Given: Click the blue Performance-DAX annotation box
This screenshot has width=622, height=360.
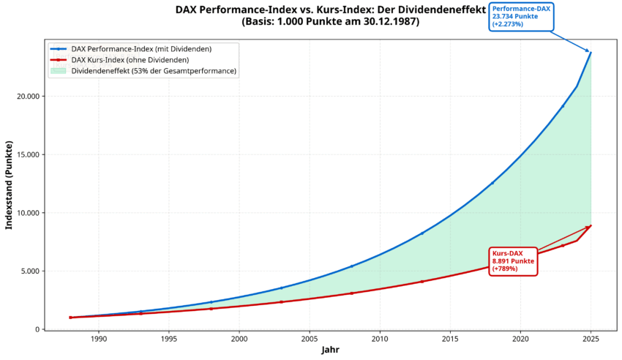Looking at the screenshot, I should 521,17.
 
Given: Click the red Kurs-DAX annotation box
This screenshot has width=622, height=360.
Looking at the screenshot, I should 513,261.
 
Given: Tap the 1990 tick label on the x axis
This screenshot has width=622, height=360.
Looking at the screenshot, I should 99,340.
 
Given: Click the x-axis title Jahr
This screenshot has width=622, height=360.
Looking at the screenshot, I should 330,350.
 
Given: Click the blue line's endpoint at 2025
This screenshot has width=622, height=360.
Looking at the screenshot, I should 591,53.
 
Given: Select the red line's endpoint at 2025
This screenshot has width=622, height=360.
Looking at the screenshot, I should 591,225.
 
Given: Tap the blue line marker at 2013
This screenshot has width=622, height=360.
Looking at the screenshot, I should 422,233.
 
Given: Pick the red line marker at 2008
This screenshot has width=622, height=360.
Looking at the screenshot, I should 352,293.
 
